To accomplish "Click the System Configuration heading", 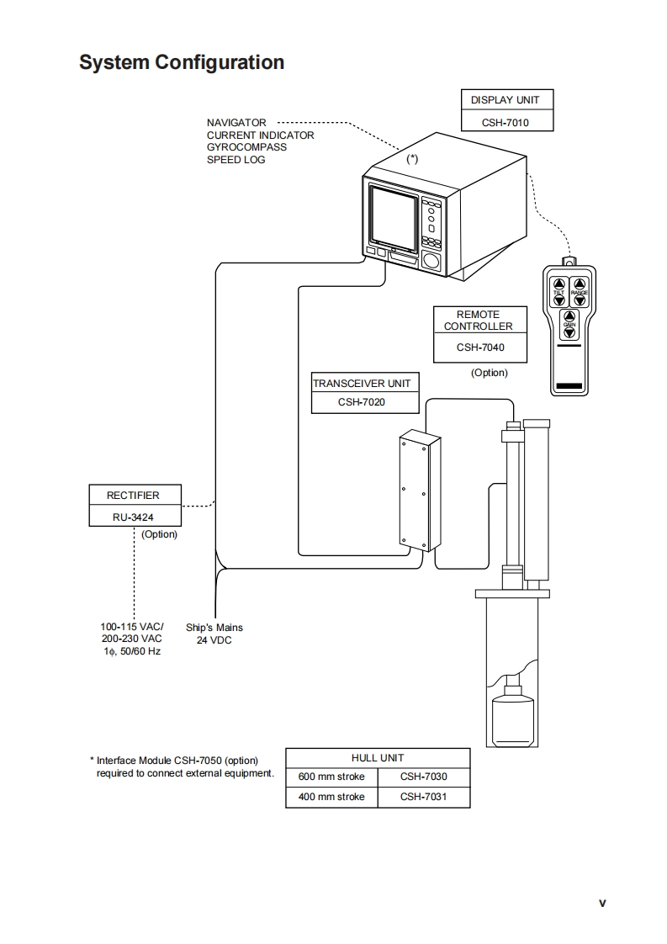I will coord(182,62).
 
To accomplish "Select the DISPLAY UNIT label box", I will coord(505,100).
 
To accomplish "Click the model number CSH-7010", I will coord(505,122).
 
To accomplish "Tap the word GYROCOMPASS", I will coord(246,147).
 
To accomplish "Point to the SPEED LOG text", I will coord(236,160).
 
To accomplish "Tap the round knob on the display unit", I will coord(432,262).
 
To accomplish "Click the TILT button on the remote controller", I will coord(558,290).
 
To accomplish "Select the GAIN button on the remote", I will coord(569,326).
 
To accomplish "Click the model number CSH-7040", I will coord(480,347).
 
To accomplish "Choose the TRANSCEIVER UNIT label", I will coord(362,384).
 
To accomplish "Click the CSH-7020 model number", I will coord(362,402).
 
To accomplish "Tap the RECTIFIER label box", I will coord(133,496).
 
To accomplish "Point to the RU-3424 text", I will coord(133,517).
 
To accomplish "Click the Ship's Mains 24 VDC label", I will coord(214,634).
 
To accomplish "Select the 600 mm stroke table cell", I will coord(332,777).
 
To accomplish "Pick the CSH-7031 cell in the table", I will coord(423,797).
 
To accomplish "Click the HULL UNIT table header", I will coord(378,758).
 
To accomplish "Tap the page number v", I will coord(601,904).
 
